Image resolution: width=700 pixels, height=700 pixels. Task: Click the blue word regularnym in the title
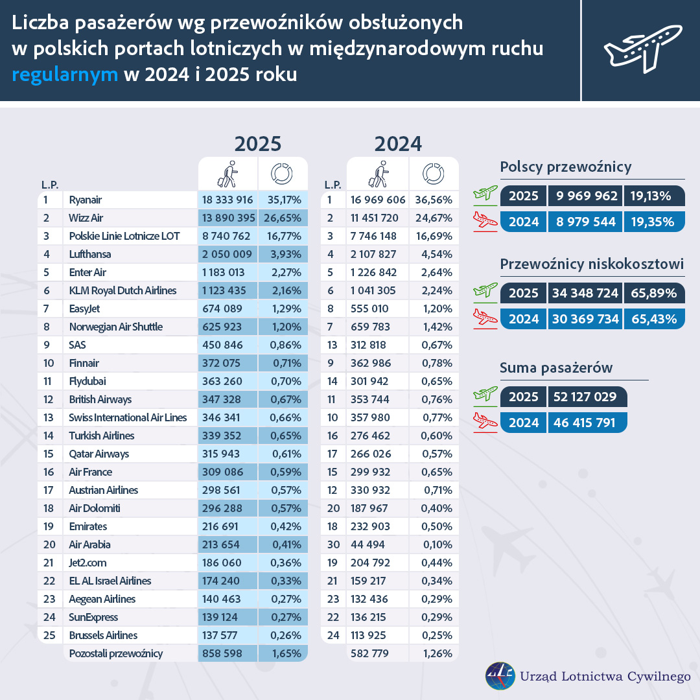pyautogui.click(x=65, y=74)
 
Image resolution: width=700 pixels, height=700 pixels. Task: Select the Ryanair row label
pyautogui.click(x=86, y=200)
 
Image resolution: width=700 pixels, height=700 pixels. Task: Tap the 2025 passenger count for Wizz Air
pyautogui.click(x=227, y=218)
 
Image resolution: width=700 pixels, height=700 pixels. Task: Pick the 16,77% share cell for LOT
pyautogui.click(x=283, y=237)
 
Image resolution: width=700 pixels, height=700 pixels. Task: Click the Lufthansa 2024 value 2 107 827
pyautogui.click(x=378, y=255)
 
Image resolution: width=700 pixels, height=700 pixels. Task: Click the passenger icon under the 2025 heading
pyautogui.click(x=227, y=174)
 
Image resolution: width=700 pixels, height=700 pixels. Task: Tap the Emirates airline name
pyautogui.click(x=88, y=527)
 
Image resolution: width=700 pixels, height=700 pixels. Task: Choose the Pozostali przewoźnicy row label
pyautogui.click(x=115, y=654)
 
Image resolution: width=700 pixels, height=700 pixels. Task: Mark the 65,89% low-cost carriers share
pyautogui.click(x=653, y=293)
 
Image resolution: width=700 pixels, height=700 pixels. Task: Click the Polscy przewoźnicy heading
pyautogui.click(x=566, y=167)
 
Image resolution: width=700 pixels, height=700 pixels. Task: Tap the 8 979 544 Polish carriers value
pyautogui.click(x=585, y=222)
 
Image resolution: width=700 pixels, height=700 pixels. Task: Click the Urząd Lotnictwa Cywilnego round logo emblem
pyautogui.click(x=500, y=676)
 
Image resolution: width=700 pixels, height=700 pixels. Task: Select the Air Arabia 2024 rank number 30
pyautogui.click(x=333, y=545)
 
